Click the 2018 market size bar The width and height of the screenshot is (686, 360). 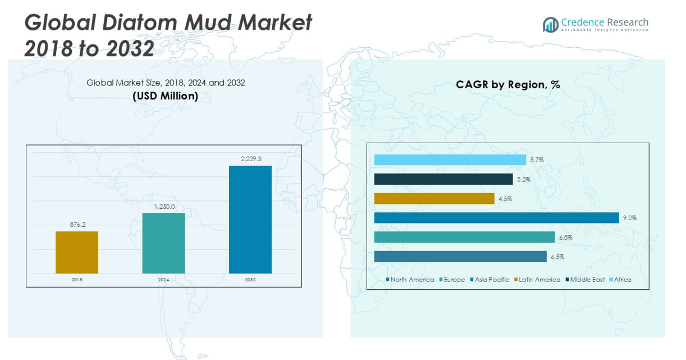pyautogui.click(x=77, y=252)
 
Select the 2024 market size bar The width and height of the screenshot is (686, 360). pyautogui.click(x=163, y=243)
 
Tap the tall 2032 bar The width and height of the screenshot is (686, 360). pyautogui.click(x=250, y=219)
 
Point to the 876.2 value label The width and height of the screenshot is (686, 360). pyautogui.click(x=77, y=225)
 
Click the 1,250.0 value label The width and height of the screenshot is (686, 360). pyautogui.click(x=164, y=207)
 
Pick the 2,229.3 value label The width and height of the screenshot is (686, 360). pyautogui.click(x=251, y=159)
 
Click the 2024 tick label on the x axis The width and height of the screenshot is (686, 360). pyautogui.click(x=163, y=279)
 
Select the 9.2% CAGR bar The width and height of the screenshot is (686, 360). pyautogui.click(x=496, y=218)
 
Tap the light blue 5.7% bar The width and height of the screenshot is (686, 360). pyautogui.click(x=450, y=160)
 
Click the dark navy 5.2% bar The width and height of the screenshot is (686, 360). pyautogui.click(x=443, y=179)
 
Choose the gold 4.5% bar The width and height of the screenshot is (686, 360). pyautogui.click(x=434, y=199)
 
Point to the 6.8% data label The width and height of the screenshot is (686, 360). pyautogui.click(x=565, y=238)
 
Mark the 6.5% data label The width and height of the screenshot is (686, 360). pyautogui.click(x=557, y=257)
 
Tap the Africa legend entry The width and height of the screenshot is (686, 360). pyautogui.click(x=622, y=280)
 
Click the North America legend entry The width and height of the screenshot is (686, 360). pyautogui.click(x=412, y=280)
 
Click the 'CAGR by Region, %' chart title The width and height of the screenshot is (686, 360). pyautogui.click(x=507, y=85)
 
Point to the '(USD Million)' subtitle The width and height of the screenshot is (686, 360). pyautogui.click(x=165, y=96)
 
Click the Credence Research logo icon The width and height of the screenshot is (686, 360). pyautogui.click(x=550, y=25)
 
